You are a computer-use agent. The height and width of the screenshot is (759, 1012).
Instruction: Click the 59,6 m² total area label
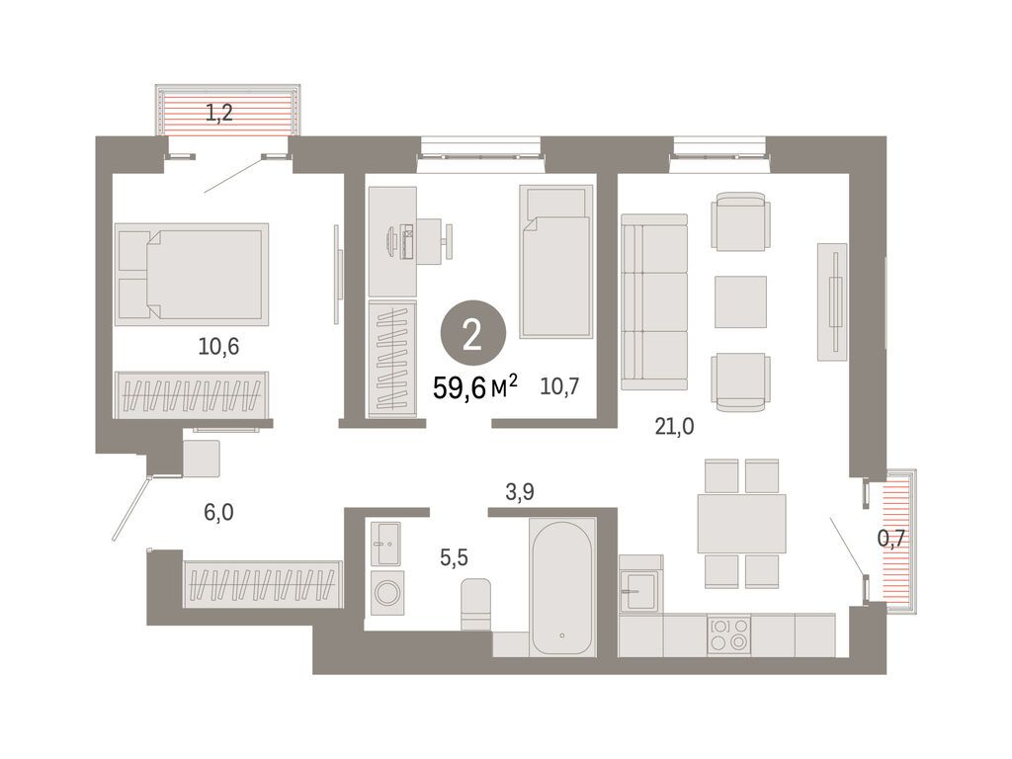pyautogui.click(x=475, y=386)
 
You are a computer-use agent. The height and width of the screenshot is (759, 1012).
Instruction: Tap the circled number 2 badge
pyautogui.click(x=472, y=335)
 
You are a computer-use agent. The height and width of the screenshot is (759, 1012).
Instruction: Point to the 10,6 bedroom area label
pyautogui.click(x=219, y=346)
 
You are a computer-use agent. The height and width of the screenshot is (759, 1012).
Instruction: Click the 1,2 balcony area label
pyautogui.click(x=218, y=113)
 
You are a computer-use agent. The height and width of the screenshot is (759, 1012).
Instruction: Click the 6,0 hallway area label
pyautogui.click(x=220, y=512)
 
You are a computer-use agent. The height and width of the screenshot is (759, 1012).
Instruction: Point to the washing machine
pyautogui.click(x=387, y=596)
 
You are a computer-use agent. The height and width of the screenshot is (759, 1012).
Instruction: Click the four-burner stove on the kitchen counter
pyautogui.click(x=728, y=633)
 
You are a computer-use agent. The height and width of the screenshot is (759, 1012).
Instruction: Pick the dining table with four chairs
pyautogui.click(x=741, y=523)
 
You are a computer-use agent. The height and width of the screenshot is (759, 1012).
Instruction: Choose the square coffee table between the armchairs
pyautogui.click(x=740, y=301)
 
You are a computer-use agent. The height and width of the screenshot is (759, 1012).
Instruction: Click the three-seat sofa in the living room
pyautogui.click(x=654, y=302)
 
